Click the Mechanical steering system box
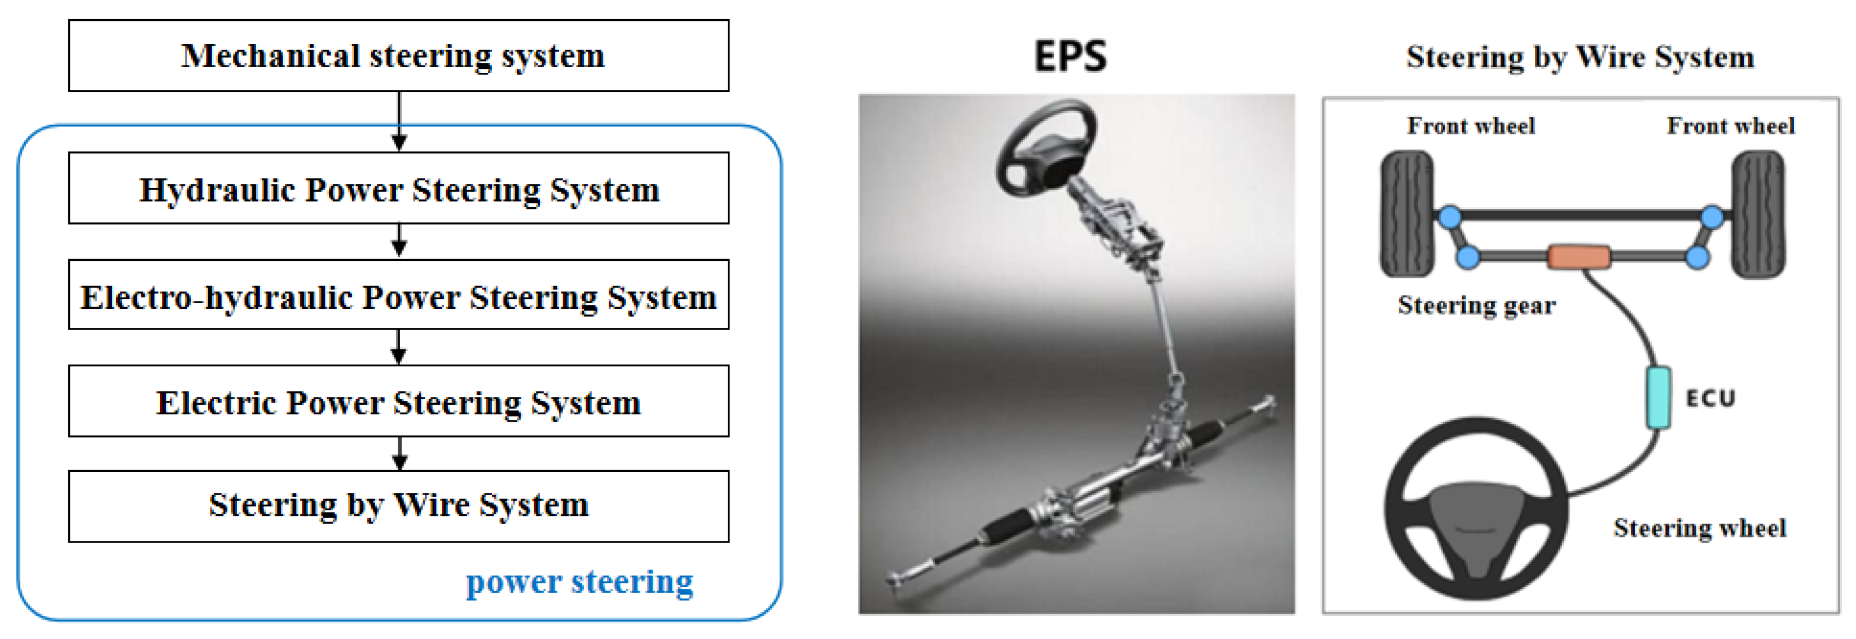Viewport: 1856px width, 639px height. pyautogui.click(x=398, y=55)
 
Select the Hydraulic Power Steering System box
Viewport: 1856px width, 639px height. pyautogui.click(x=398, y=188)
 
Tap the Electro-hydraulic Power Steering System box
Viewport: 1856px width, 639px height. pyautogui.click(x=398, y=295)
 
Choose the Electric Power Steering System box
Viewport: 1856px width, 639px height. pyautogui.click(x=398, y=401)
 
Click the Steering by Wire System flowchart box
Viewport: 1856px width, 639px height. pyautogui.click(x=398, y=506)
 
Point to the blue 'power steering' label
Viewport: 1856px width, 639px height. pyautogui.click(x=579, y=581)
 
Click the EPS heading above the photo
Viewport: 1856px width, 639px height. pyautogui.click(x=1070, y=56)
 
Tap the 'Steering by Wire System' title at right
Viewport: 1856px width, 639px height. pyautogui.click(x=1580, y=56)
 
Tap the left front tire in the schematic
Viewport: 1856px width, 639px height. pyautogui.click(x=1406, y=213)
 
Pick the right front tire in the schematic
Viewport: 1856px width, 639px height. pyautogui.click(x=1758, y=213)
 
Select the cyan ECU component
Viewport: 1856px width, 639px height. pyautogui.click(x=1658, y=397)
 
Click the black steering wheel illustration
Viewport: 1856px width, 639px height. pyautogui.click(x=1476, y=509)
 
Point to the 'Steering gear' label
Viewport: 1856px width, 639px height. pyautogui.click(x=1476, y=305)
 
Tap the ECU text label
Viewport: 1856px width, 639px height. pyautogui.click(x=1710, y=398)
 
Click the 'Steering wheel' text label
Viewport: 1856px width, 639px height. pyautogui.click(x=1699, y=528)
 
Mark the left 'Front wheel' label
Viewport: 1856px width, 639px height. pyautogui.click(x=1471, y=126)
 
